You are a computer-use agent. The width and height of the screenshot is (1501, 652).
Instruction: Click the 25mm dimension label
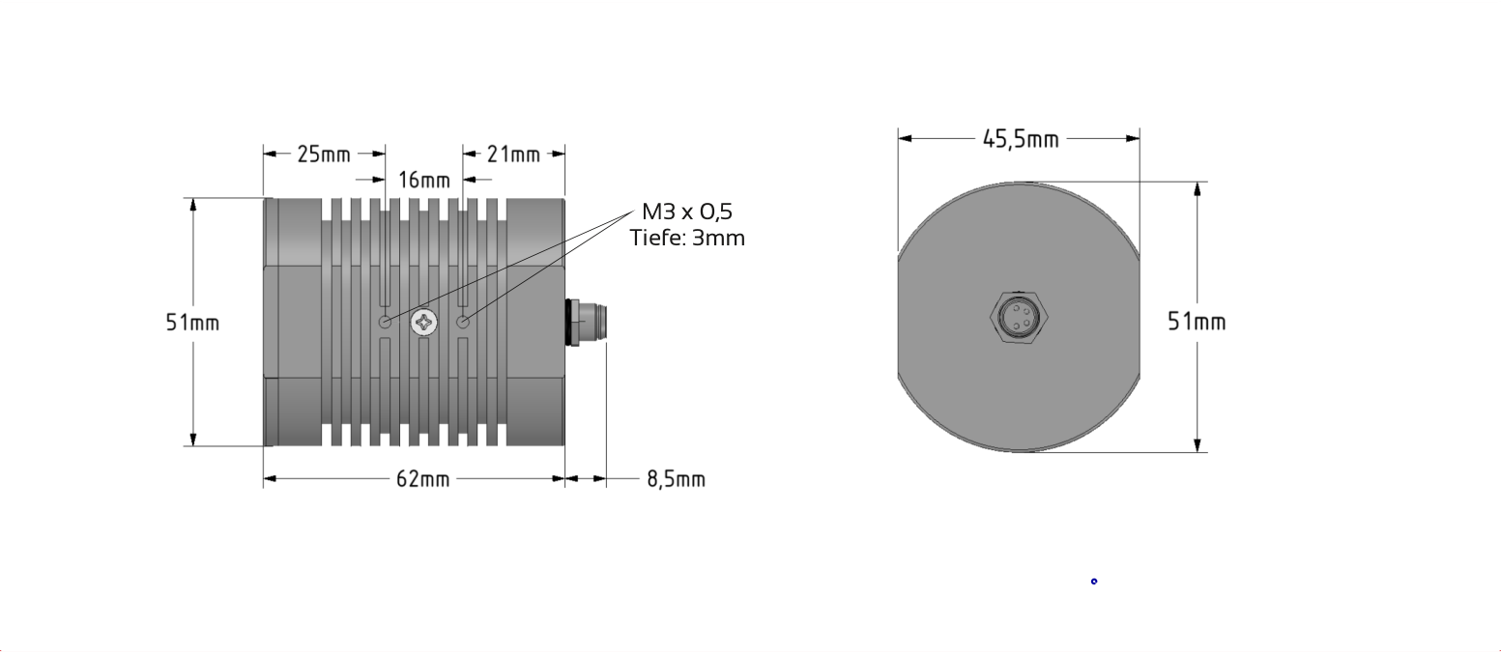tap(324, 155)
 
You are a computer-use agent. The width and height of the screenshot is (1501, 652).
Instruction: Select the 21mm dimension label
tap(513, 155)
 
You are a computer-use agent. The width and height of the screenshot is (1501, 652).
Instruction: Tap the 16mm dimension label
tap(423, 180)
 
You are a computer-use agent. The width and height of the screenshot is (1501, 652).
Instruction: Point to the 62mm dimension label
tap(422, 479)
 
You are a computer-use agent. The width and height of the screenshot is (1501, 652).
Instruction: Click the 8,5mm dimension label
tap(677, 479)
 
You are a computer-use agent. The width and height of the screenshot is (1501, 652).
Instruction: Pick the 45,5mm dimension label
tap(1021, 139)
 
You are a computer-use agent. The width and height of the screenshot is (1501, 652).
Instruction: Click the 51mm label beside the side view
tap(192, 323)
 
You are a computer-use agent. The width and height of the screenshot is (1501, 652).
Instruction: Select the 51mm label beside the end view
tap(1197, 322)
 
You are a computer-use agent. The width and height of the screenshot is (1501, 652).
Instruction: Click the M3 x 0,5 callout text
tap(687, 212)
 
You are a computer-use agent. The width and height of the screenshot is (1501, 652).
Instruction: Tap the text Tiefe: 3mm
tap(687, 238)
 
